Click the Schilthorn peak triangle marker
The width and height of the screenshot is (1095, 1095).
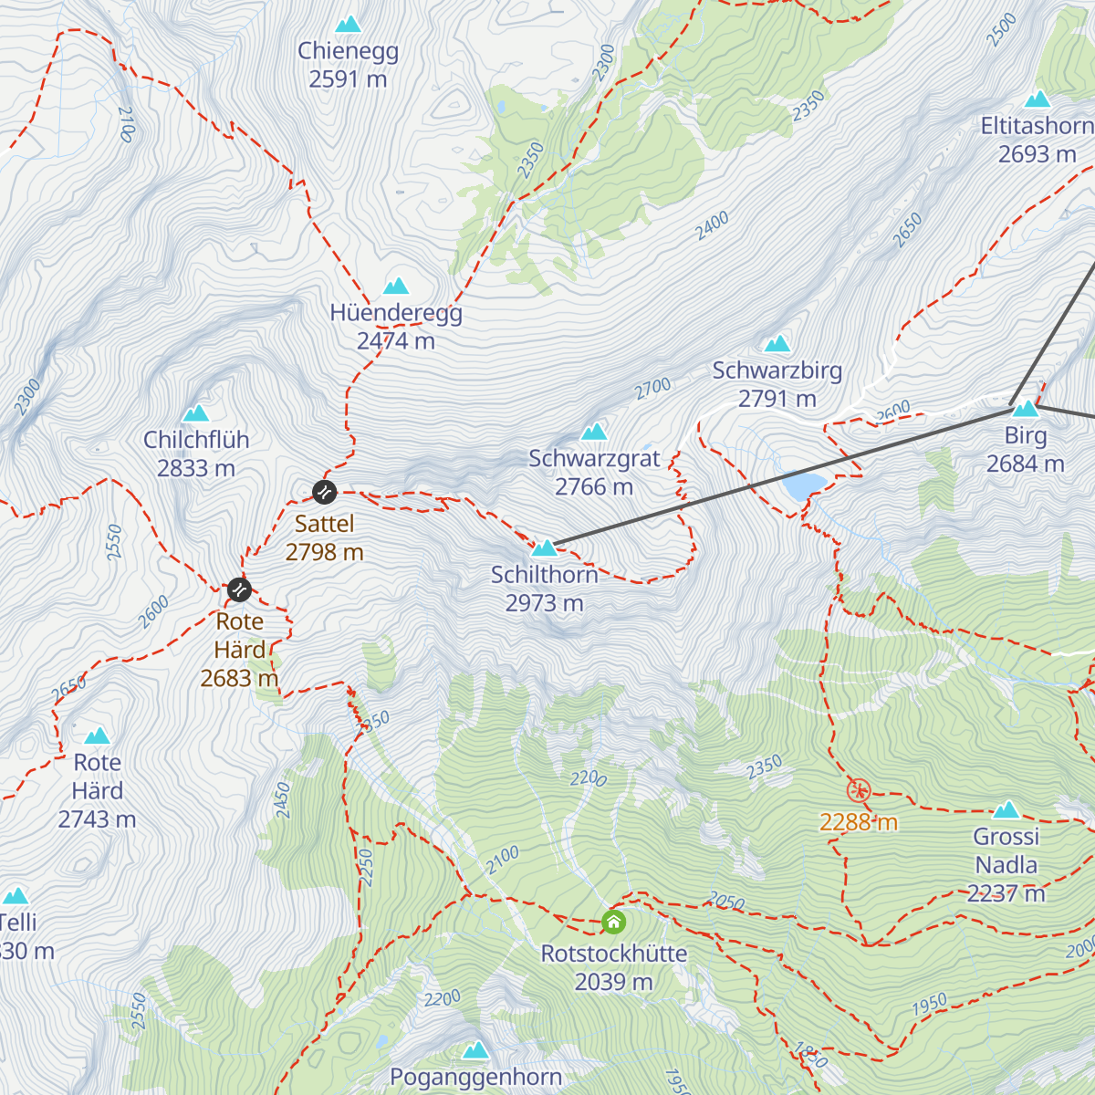tap(544, 548)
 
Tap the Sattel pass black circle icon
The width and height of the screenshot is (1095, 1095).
tap(325, 492)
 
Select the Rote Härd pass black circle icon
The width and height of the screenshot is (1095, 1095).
tap(239, 589)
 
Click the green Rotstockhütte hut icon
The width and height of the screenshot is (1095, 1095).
tap(614, 922)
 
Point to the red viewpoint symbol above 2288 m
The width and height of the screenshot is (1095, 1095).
tap(859, 790)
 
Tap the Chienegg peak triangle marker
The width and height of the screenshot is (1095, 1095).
tap(348, 25)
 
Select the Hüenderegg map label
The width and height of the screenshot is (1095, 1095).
tap(396, 313)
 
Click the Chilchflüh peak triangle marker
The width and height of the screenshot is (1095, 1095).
tap(196, 413)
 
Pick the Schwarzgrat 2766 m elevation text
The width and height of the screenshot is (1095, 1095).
tap(594, 487)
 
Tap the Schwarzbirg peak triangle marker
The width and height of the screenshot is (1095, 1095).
tap(777, 344)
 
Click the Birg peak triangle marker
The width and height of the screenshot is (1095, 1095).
tap(1026, 409)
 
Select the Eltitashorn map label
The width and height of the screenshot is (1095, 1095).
tap(1037, 126)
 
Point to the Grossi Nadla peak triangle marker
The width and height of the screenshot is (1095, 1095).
tap(1006, 810)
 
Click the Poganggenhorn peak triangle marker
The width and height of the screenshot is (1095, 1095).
tap(475, 1050)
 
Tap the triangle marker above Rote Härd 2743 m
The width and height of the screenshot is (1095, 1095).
tap(97, 736)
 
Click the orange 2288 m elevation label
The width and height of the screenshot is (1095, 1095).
tap(859, 822)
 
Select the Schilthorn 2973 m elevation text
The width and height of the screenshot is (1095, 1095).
tap(545, 603)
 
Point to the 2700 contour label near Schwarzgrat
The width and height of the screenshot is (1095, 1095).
tap(653, 389)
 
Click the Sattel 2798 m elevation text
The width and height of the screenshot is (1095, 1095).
tap(325, 552)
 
